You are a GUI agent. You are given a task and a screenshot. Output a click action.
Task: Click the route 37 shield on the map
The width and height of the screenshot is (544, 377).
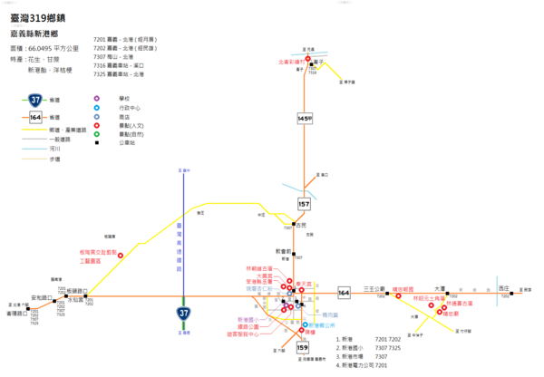click(184, 314)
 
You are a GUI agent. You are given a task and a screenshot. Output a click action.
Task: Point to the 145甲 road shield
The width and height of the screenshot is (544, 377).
click(305, 119)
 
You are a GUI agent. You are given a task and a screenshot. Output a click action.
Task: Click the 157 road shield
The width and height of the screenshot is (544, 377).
click(304, 204)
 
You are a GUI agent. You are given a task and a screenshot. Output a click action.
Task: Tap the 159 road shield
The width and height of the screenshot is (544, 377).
click(303, 347)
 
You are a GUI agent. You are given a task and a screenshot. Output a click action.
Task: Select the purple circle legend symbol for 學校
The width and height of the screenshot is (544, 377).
click(97, 98)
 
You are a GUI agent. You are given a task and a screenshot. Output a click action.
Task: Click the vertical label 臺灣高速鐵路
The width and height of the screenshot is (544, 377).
click(179, 244)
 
